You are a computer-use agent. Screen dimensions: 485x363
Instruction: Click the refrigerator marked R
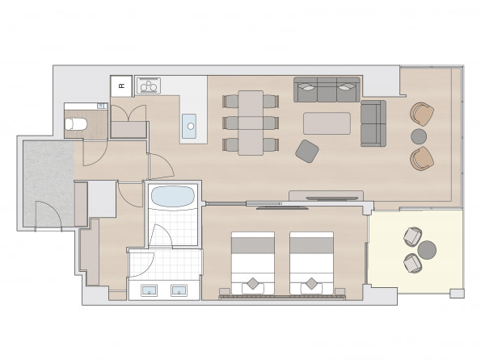point(121,86)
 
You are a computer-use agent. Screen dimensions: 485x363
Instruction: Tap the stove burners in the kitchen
point(149,86)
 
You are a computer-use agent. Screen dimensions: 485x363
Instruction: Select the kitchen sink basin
point(189,126)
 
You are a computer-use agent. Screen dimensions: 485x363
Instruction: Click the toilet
point(76,124)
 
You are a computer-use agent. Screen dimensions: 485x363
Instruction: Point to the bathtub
point(173,196)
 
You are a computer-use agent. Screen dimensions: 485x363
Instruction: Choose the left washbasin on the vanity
point(150,290)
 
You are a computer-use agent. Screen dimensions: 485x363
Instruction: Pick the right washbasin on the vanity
point(179,290)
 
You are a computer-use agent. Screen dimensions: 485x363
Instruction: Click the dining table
point(251,123)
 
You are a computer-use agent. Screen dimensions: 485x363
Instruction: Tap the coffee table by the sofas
point(327,123)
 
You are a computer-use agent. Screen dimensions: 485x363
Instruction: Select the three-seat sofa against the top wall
point(327,90)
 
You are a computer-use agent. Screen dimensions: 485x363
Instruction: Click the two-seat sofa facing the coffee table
point(373,123)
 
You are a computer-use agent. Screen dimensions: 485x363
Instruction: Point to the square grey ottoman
point(307,152)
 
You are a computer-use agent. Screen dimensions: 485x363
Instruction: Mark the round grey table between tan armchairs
point(419,136)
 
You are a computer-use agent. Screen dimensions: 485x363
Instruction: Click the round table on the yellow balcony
point(427,250)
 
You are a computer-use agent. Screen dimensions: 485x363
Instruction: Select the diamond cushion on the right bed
point(311,283)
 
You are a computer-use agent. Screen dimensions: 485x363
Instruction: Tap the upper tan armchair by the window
point(422,115)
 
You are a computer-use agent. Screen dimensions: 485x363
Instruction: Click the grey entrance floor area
point(48,183)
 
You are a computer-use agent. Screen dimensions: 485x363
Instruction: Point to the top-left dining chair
point(230,102)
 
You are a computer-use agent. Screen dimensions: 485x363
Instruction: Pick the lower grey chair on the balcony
point(412,263)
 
